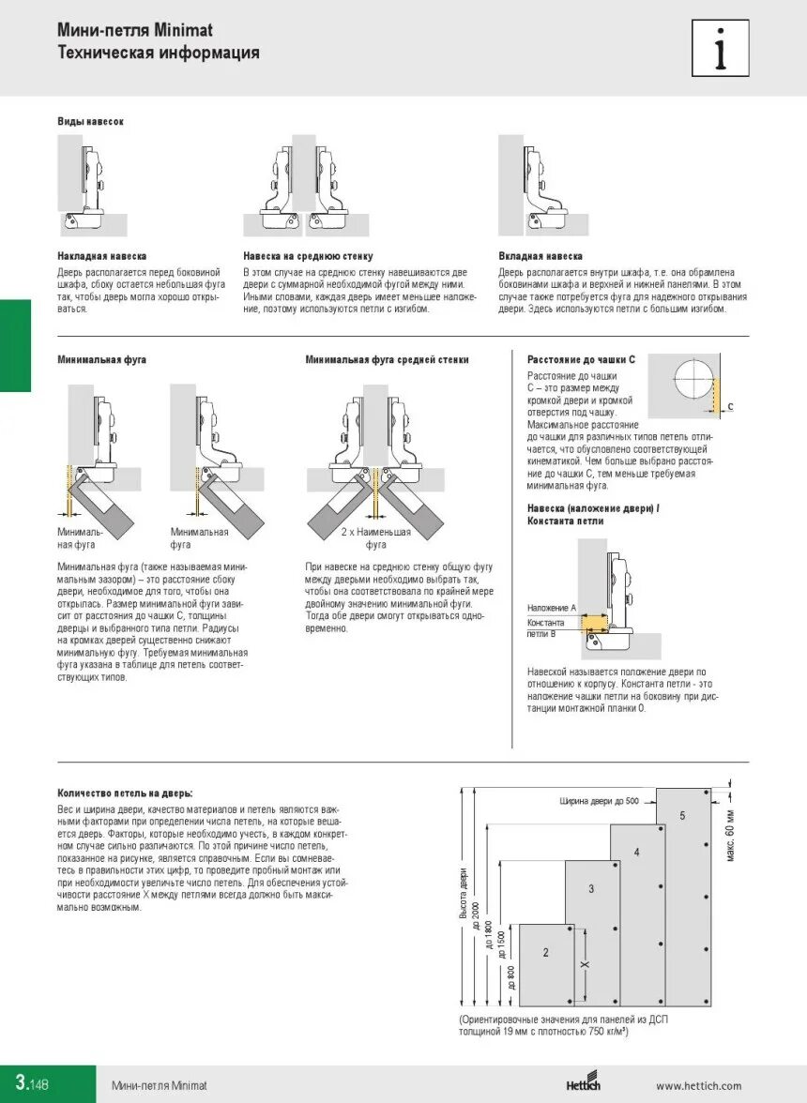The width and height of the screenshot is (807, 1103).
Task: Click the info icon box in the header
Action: [720, 48]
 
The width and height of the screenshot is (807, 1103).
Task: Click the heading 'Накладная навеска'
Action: [101, 256]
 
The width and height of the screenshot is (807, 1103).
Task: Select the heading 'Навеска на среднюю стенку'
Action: [308, 256]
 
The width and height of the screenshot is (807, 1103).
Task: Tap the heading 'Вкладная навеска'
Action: [541, 256]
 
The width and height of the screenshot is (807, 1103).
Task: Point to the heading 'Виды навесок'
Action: [91, 122]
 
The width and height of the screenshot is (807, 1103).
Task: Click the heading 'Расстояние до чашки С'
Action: [581, 359]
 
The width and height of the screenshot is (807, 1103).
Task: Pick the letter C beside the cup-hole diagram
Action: [730, 406]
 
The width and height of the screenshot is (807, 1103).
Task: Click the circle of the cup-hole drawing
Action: [692, 380]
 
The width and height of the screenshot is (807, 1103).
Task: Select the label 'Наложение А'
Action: [551, 608]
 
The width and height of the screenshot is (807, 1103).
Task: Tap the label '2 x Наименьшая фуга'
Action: [375, 537]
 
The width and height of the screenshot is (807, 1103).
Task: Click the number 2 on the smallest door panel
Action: [545, 952]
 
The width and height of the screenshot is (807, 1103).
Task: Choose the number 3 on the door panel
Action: [591, 888]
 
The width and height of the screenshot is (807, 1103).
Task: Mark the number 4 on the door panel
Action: [636, 853]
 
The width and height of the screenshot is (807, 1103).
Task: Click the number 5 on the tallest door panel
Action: [682, 816]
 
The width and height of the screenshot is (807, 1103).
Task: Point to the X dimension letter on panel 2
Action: [583, 965]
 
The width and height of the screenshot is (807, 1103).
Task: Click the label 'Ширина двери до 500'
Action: [599, 801]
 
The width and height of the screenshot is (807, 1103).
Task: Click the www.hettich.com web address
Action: [698, 1086]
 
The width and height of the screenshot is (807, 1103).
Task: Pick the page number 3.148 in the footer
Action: [31, 1084]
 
